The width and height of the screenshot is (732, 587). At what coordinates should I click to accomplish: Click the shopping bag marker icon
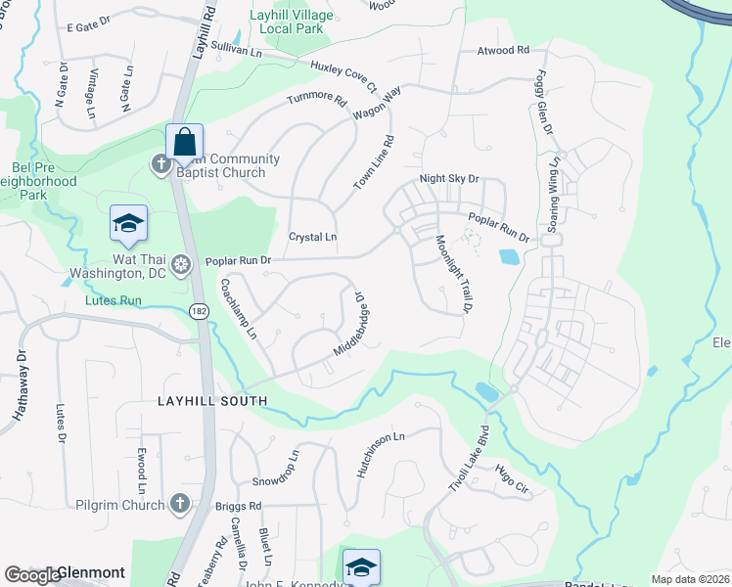pos(184,143)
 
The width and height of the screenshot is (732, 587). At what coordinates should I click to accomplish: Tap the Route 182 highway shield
pos(200,309)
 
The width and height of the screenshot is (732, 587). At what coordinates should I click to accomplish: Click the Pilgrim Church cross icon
pos(179,503)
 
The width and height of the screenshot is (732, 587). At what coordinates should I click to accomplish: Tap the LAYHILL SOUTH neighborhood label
pos(212,401)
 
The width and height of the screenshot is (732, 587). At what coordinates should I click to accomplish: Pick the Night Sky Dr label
pos(448,179)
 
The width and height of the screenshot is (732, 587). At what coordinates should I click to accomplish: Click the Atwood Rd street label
pos(503,50)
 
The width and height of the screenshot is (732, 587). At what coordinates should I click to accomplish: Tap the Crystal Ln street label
pos(312,238)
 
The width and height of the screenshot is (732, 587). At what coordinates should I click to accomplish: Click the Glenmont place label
pos(90,572)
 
